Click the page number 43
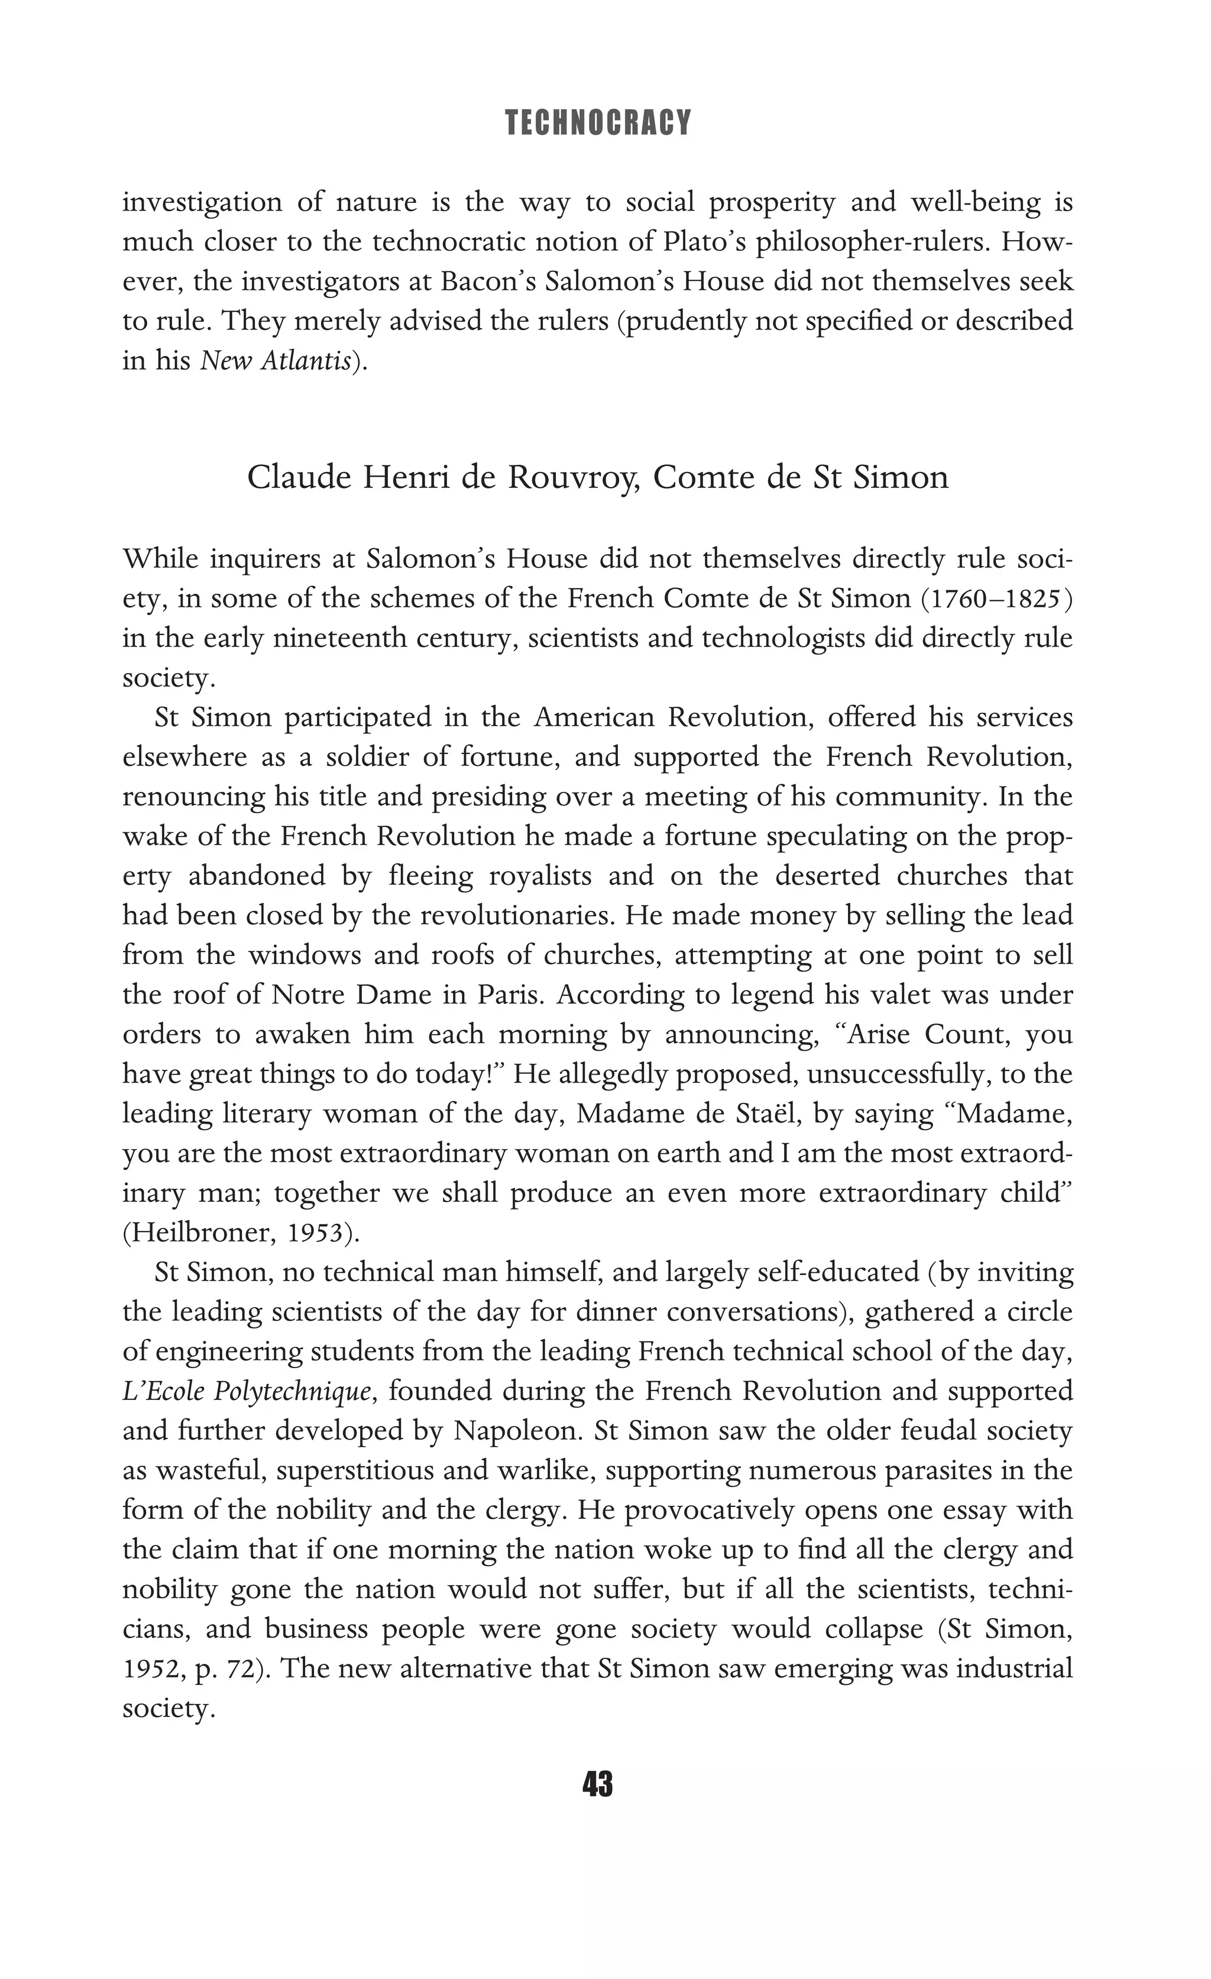(x=597, y=1784)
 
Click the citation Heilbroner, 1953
(x=237, y=1232)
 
